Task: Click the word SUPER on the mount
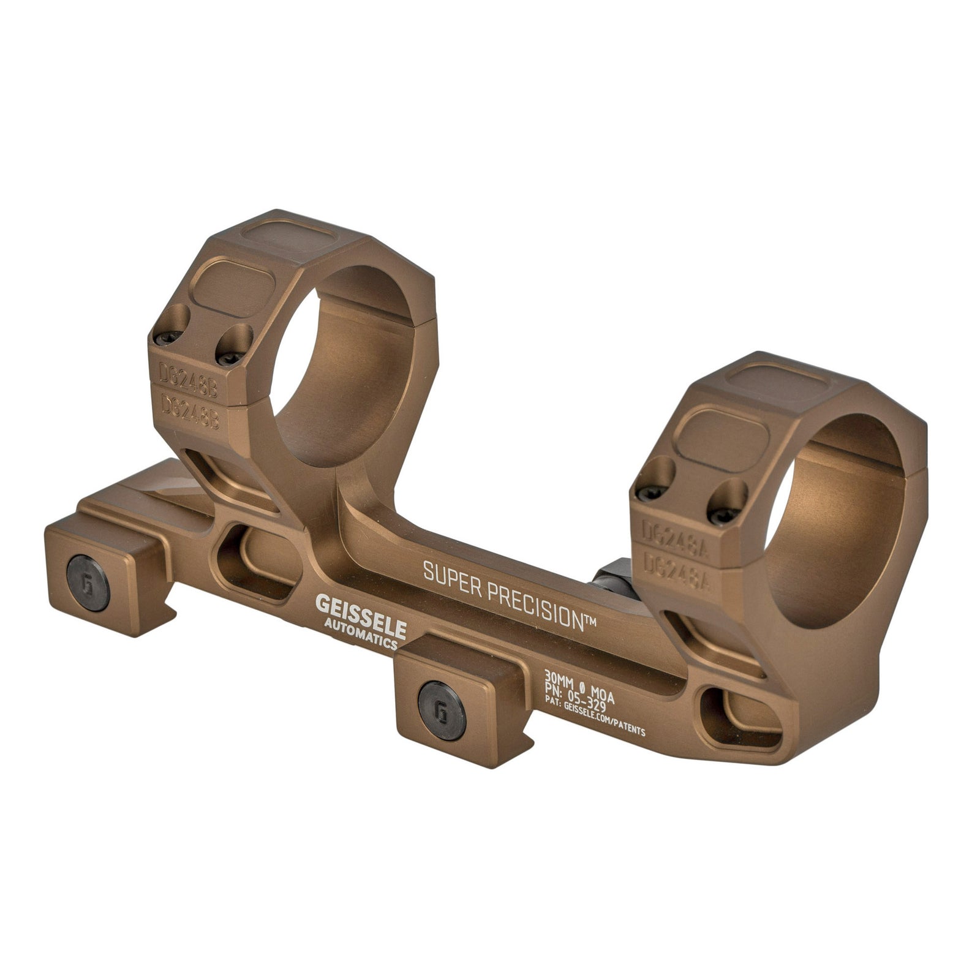tap(449, 574)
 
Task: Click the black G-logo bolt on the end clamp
tap(89, 587)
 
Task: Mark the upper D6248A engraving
tap(673, 532)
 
